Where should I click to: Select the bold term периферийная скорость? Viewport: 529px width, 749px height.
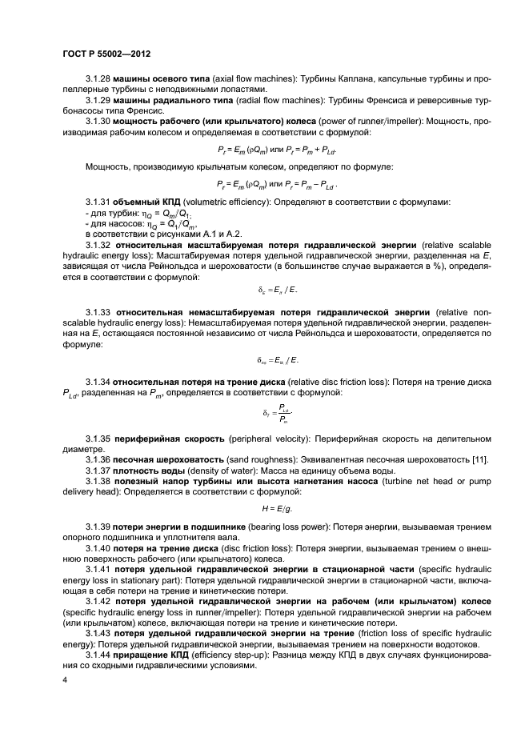[x=169, y=440]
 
